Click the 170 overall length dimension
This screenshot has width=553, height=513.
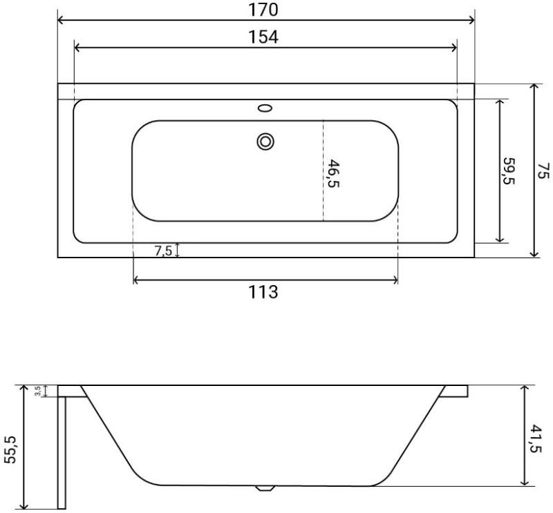263,10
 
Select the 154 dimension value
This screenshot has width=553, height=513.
263,37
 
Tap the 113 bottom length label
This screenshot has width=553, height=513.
263,292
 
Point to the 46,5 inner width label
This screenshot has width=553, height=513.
333,173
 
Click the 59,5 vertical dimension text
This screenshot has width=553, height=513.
509,171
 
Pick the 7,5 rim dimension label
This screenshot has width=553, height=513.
163,251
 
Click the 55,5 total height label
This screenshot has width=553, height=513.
10,449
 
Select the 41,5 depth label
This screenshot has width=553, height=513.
536,438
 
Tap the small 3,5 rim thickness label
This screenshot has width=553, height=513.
38,391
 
